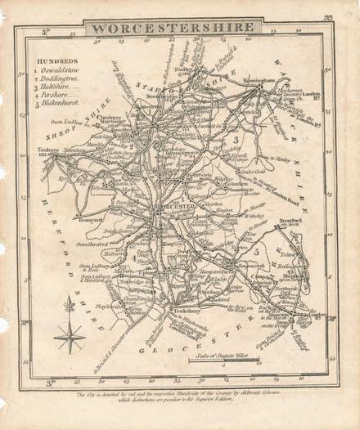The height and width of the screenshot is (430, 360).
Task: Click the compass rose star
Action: tap(70, 334)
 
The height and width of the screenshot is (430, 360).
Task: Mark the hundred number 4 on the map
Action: tap(133, 258)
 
